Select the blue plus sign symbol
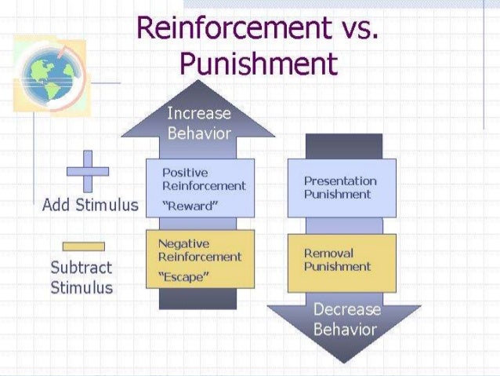(87, 171)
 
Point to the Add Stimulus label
(90, 206)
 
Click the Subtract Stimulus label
(82, 277)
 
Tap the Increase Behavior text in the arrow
(199, 123)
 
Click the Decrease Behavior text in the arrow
(346, 319)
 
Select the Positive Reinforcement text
(203, 179)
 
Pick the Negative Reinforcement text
(199, 250)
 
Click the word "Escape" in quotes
(185, 277)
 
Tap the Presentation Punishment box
(341, 188)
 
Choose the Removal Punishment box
(341, 260)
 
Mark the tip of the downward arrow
(343, 360)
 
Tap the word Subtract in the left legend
(82, 268)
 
